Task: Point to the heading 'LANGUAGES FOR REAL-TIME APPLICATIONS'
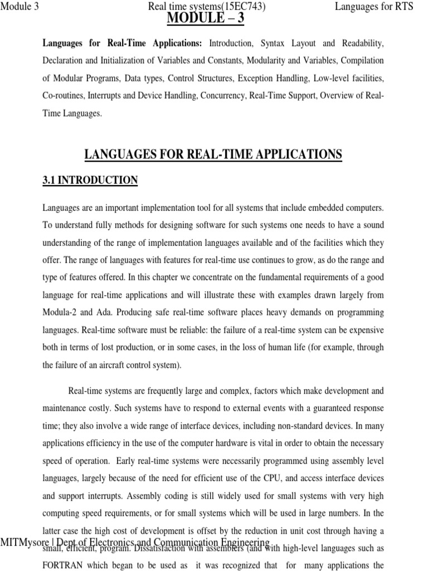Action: tap(213, 154)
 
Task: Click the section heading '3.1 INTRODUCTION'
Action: tap(90, 180)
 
